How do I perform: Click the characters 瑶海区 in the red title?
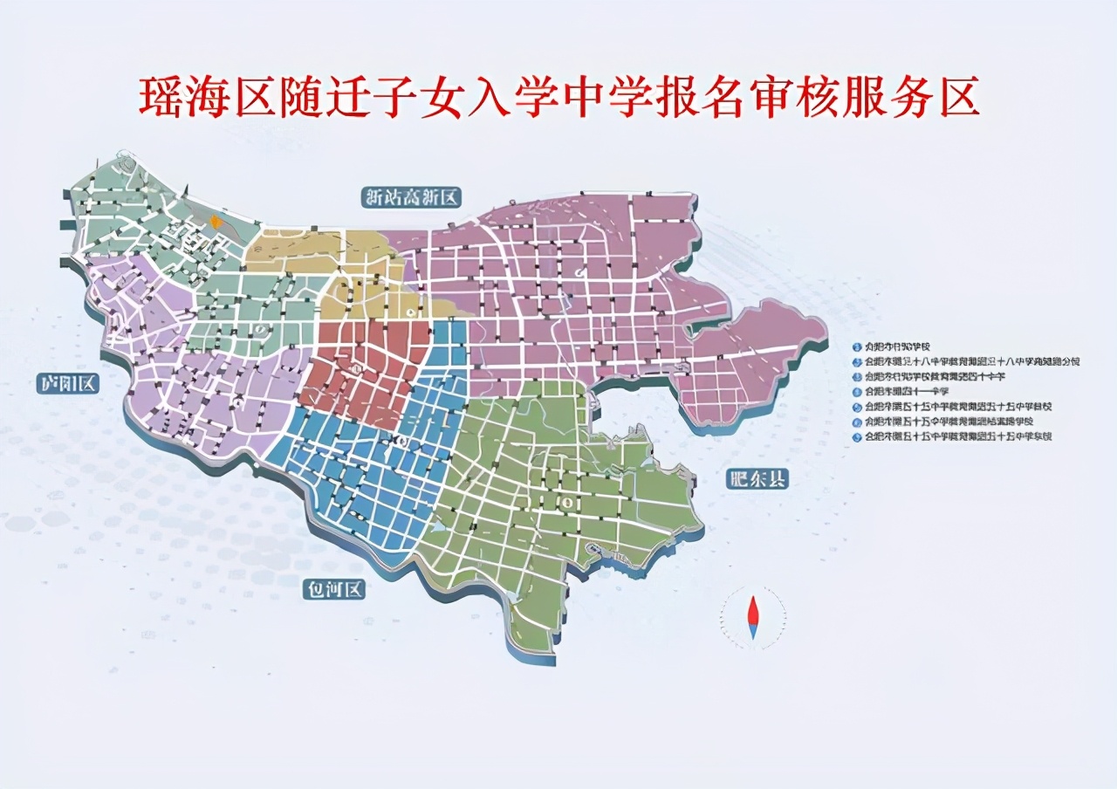point(206,99)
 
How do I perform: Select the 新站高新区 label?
point(411,197)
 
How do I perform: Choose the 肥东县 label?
point(756,477)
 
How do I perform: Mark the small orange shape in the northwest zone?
point(216,223)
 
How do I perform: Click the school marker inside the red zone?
point(356,371)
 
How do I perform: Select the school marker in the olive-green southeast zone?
point(567,503)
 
